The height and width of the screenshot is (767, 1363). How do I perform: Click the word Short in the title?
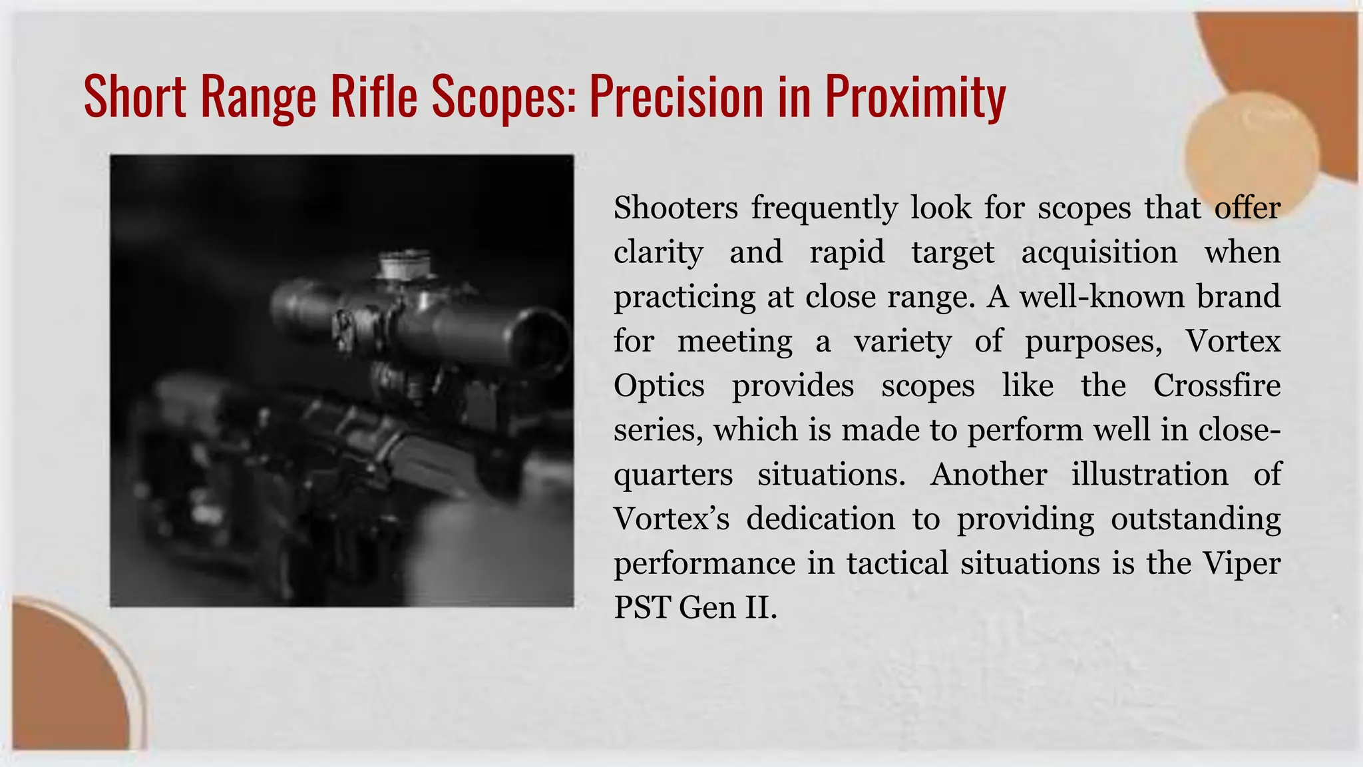click(135, 97)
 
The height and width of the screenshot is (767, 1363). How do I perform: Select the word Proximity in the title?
click(915, 98)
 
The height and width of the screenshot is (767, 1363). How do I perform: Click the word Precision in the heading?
click(676, 97)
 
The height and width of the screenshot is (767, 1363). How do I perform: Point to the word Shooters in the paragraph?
click(676, 208)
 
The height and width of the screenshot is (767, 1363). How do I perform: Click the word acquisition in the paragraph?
click(1099, 253)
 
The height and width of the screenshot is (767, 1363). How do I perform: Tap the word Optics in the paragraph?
click(659, 386)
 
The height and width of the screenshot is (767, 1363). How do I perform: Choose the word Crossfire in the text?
click(1217, 385)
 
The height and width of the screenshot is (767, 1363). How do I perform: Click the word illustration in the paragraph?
click(1149, 474)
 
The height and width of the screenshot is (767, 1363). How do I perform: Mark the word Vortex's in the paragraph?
click(671, 519)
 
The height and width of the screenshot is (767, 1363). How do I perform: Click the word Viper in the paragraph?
click(1241, 563)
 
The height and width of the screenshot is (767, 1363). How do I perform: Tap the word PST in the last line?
click(642, 607)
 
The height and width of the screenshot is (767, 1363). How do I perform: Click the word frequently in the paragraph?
click(825, 209)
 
